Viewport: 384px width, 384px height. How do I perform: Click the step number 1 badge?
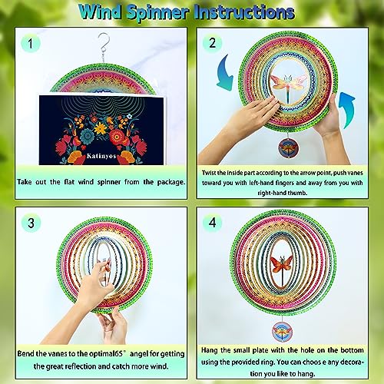coord(31,43)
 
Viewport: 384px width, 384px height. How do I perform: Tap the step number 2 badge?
coord(212,43)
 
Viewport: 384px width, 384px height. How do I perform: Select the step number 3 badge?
coord(31,223)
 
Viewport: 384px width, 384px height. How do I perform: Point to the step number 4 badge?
coord(212,223)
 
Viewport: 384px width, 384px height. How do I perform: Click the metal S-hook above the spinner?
coord(103,45)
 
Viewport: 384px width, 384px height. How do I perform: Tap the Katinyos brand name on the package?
coord(101,156)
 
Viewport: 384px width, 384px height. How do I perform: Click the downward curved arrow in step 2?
coord(225,72)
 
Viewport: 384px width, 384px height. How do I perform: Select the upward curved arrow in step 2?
coord(346,110)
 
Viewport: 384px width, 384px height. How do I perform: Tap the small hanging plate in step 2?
coord(288,148)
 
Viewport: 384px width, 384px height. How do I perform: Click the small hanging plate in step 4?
coord(282,332)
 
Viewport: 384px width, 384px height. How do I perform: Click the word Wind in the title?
coord(101,12)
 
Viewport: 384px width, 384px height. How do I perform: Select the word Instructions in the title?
coord(244,12)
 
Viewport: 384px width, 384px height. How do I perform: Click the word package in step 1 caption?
coord(171,182)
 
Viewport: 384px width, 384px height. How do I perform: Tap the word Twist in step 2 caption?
coord(209,173)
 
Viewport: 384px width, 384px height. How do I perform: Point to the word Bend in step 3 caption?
coord(25,353)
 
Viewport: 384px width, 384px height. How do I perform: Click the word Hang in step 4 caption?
coord(210,350)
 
